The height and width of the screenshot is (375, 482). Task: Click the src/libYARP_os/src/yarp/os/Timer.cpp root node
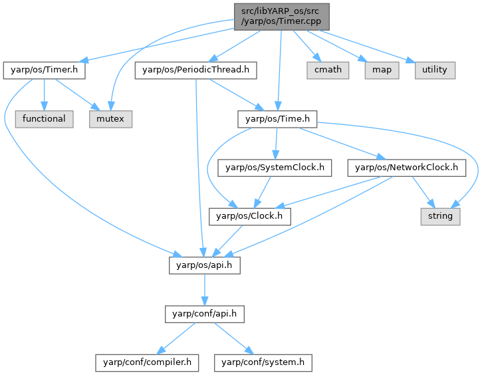(280, 15)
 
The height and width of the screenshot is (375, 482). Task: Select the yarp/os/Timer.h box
(44, 69)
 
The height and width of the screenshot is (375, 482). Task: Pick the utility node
(435, 69)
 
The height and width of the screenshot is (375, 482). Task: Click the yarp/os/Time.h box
(277, 119)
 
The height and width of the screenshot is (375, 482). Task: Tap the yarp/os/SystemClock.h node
(275, 168)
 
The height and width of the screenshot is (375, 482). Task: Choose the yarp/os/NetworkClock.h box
(406, 168)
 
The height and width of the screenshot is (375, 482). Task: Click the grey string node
(440, 216)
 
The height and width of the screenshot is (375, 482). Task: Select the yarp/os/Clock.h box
(246, 216)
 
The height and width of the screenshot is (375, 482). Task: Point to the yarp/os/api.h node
(203, 265)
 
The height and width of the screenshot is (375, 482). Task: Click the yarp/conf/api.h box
(203, 314)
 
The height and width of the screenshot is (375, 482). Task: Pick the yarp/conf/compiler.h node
(147, 362)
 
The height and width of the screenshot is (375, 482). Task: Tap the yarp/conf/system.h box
(263, 362)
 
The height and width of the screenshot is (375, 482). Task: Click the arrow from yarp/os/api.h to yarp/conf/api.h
(203, 289)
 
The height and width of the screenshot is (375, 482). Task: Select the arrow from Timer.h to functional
(43, 94)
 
